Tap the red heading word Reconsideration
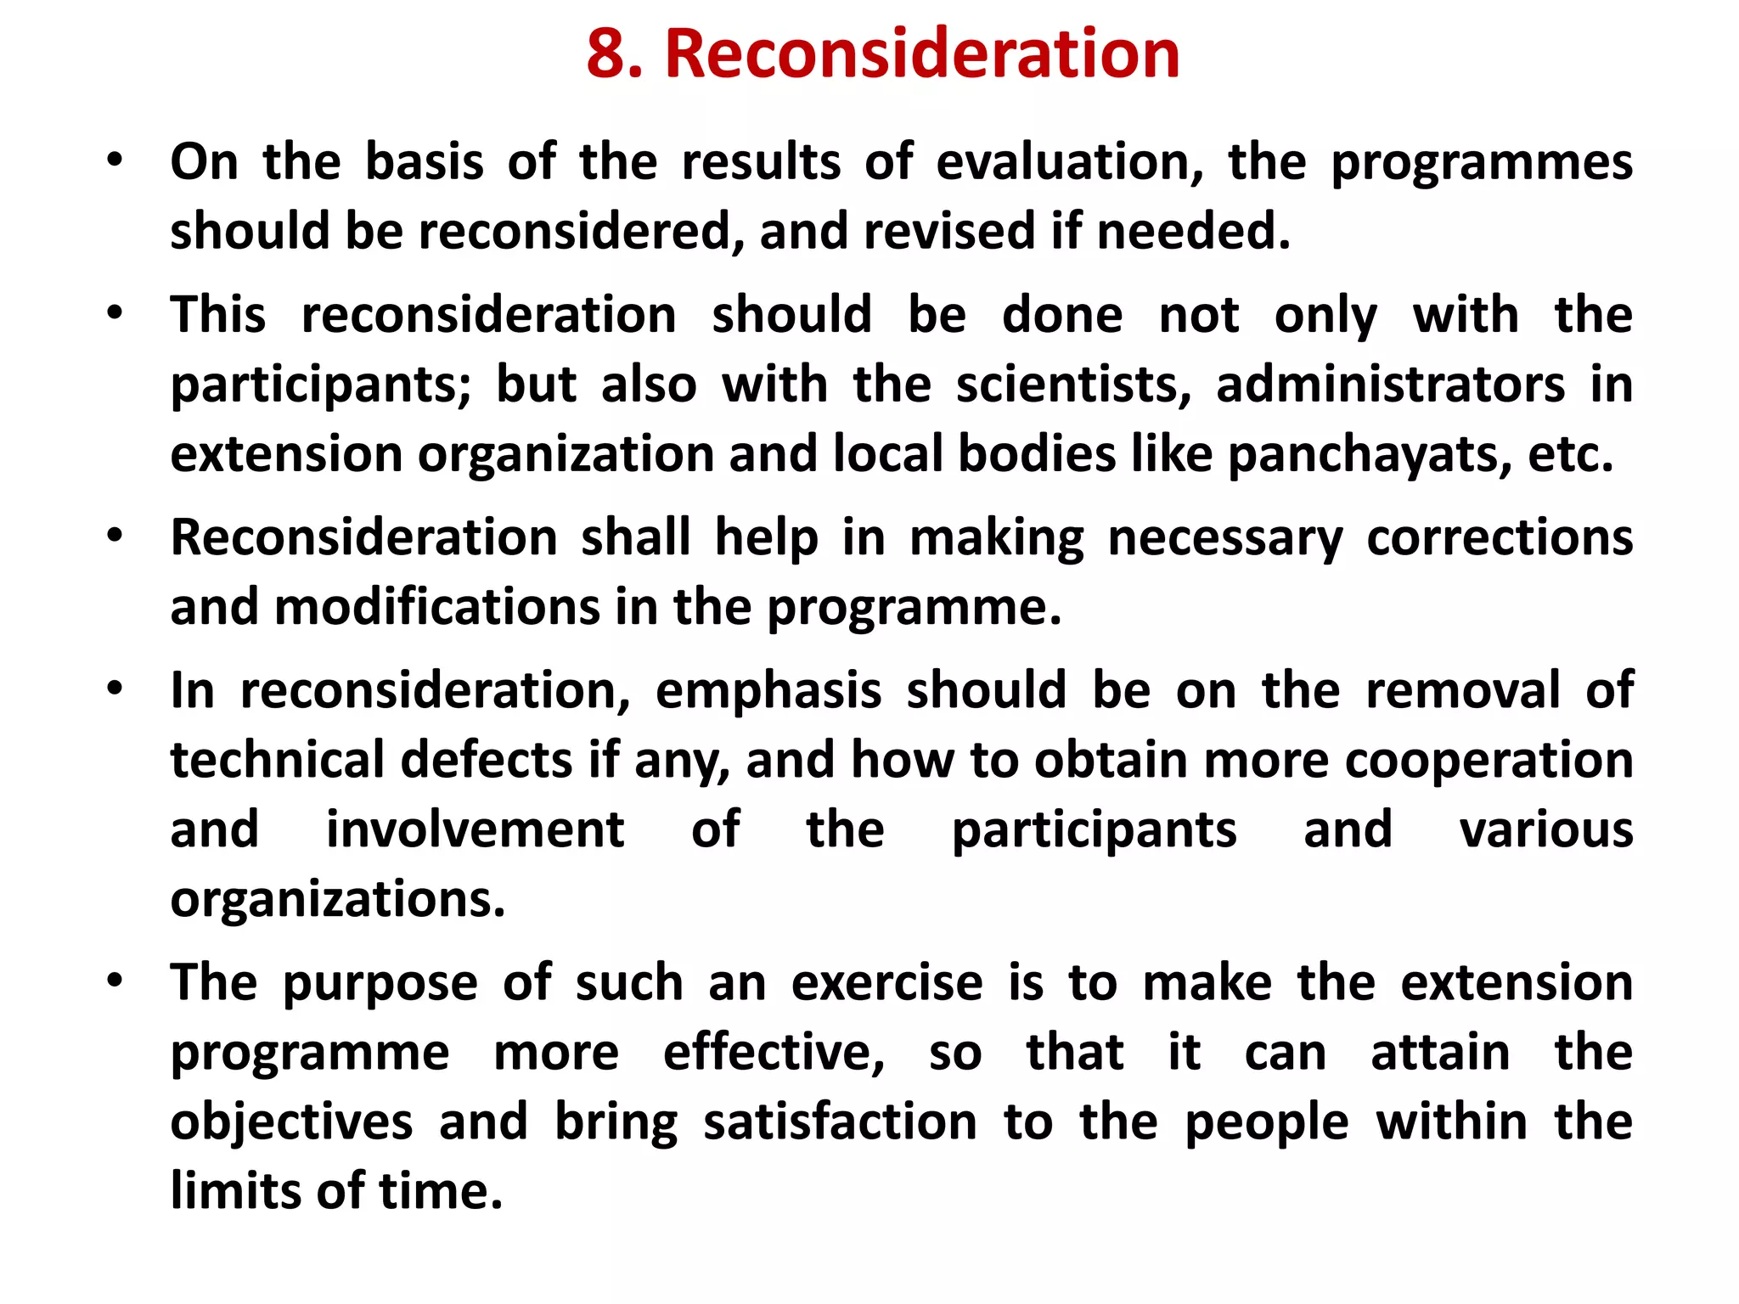click(922, 54)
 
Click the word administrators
click(1390, 385)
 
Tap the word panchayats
click(1370, 454)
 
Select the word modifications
click(436, 608)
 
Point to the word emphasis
click(768, 690)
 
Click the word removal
click(1462, 690)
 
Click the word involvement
click(475, 829)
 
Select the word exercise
click(886, 983)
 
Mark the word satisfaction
click(840, 1122)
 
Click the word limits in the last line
click(235, 1191)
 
